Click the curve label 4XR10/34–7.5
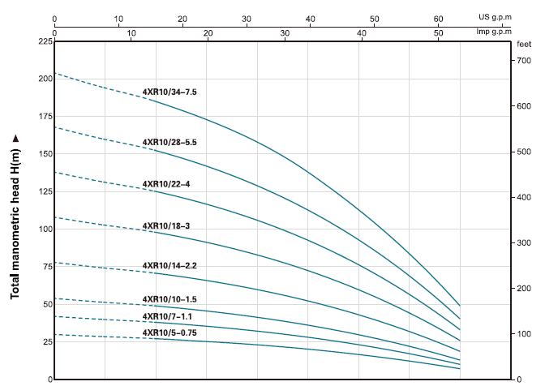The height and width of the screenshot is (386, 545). click(170, 92)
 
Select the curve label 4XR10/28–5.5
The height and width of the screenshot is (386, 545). click(170, 143)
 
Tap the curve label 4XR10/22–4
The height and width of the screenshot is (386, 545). click(166, 184)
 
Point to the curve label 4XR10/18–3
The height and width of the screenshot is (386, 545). click(166, 225)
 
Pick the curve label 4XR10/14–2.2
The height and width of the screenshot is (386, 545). click(170, 266)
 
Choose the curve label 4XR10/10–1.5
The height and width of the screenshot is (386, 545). click(170, 299)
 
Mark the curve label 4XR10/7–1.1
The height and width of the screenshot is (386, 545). click(167, 316)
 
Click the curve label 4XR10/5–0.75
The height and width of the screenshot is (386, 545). click(170, 333)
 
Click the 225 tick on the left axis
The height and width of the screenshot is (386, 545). click(44, 41)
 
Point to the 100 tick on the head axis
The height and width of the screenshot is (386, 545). click(44, 229)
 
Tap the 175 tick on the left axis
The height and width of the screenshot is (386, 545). click(44, 116)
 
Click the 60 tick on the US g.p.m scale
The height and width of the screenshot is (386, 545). click(437, 18)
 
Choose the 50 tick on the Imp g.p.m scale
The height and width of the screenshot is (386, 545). click(439, 32)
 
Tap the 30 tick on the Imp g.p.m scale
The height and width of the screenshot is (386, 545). click(285, 32)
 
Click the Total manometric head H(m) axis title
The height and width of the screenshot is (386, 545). click(15, 217)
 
